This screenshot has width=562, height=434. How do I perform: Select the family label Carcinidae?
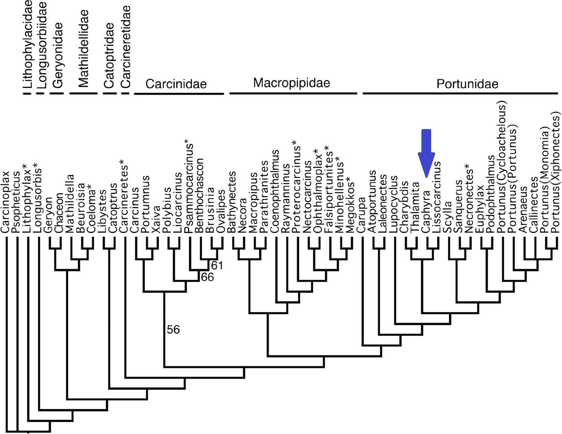pos(176,84)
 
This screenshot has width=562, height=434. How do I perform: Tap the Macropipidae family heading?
pos(291,83)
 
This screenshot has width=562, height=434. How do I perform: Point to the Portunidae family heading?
pos(467,84)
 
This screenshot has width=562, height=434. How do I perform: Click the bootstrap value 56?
pos(173,329)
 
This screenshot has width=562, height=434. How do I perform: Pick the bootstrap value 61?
pos(217,265)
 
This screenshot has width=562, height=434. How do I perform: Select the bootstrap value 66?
pos(207,277)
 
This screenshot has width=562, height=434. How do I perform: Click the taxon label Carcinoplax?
pos(5,202)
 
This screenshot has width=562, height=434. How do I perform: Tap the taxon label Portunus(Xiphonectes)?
pos(556,172)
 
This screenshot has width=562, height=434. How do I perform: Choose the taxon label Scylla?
pos(448,217)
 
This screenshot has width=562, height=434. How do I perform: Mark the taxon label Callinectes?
pos(534,205)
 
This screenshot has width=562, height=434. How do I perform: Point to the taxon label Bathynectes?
pos(232,202)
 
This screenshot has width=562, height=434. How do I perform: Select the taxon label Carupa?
pos(361,215)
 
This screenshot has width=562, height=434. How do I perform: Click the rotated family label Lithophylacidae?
pos(27,44)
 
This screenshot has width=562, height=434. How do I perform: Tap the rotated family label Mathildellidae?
pos(83,49)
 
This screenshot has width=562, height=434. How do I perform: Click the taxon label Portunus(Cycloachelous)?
pos(502,169)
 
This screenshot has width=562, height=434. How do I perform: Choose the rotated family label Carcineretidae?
pos(126,47)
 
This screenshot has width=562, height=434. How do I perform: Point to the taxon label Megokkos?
pos(350,205)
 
